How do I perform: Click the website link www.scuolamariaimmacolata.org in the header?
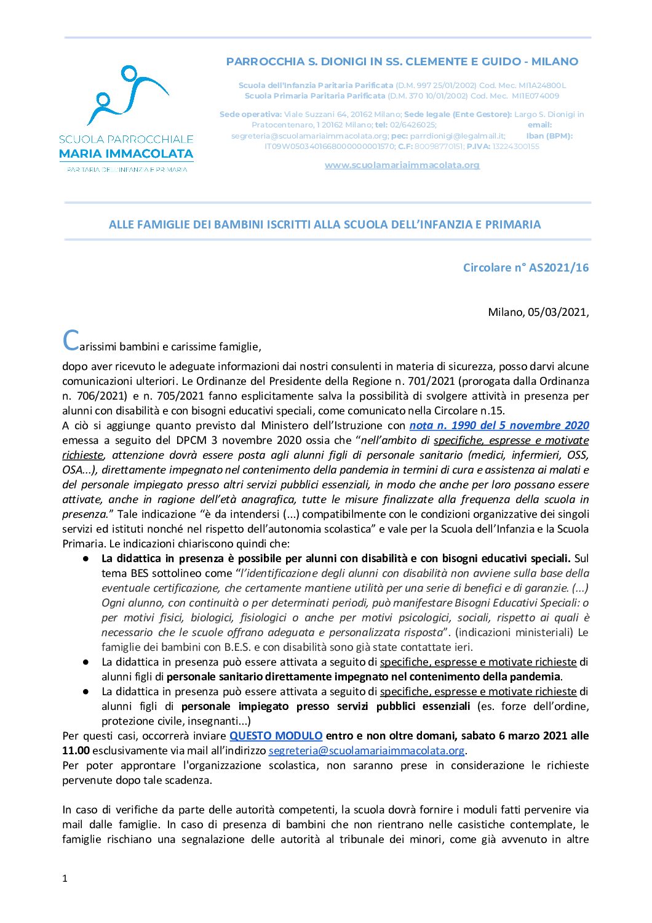402,165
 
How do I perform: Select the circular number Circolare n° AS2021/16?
525,267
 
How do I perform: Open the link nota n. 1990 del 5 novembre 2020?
499,425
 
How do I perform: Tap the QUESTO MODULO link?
276,736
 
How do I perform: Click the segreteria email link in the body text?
367,751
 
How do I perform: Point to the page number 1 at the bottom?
65,879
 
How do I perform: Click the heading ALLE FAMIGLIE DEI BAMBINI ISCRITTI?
325,225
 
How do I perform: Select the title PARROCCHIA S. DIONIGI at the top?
402,62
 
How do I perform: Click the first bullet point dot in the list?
87,558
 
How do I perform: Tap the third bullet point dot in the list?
87,691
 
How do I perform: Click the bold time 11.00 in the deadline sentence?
76,751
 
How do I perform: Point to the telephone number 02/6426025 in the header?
413,125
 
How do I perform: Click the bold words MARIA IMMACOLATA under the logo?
126,154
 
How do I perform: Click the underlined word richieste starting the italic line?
82,455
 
